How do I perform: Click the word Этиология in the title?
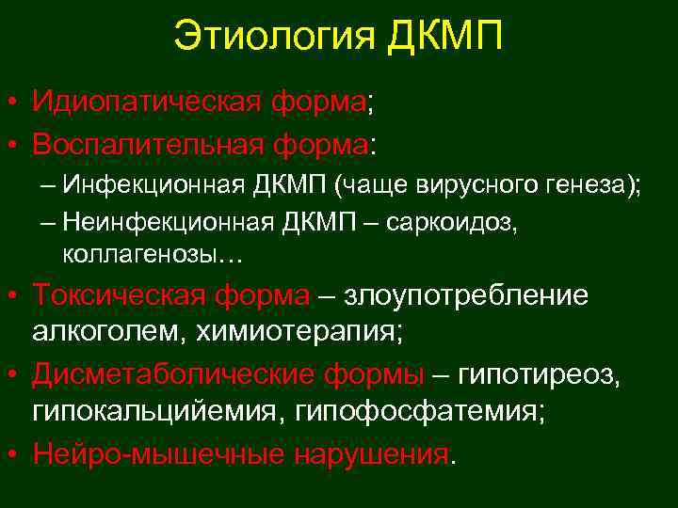[x=273, y=38]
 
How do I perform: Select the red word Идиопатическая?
[x=147, y=102]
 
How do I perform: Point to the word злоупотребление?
[x=467, y=296]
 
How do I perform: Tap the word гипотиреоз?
[x=538, y=375]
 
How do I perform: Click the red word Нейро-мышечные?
[x=156, y=454]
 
